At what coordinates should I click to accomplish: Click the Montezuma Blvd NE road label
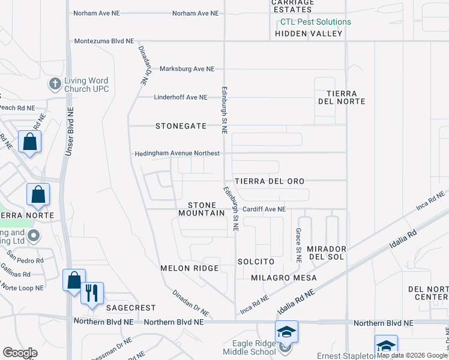click(x=104, y=41)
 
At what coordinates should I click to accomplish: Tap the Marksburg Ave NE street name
click(x=187, y=69)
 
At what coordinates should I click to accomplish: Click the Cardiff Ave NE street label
click(x=264, y=209)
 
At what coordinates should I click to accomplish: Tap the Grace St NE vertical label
click(x=298, y=245)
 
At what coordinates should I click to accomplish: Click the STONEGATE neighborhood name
click(x=181, y=126)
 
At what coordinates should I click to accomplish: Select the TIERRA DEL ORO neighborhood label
click(x=270, y=181)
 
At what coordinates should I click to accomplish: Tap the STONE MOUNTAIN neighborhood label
click(x=202, y=209)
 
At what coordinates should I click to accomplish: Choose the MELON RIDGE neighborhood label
click(x=189, y=268)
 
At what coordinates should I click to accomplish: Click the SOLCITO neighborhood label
click(x=255, y=262)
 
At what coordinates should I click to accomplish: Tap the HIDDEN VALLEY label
click(x=309, y=34)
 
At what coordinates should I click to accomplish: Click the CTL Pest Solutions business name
click(x=316, y=22)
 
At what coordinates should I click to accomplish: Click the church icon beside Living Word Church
click(x=55, y=84)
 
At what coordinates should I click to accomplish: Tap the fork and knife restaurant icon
click(x=92, y=293)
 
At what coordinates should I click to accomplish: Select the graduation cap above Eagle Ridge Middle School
click(x=287, y=332)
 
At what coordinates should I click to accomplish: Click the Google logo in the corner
click(x=20, y=353)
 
